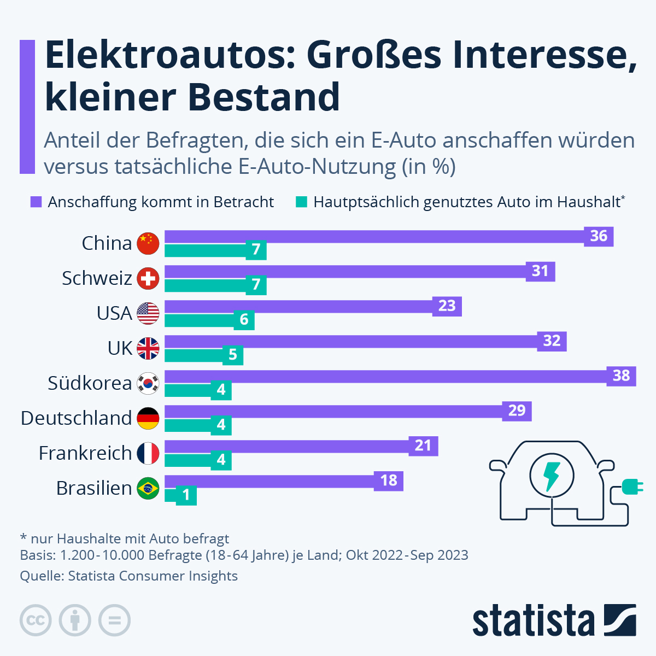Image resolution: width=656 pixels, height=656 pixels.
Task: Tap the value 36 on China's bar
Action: click(x=599, y=236)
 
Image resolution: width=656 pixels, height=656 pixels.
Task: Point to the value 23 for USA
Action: click(x=447, y=306)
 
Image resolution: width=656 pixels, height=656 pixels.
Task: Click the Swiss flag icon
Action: click(x=148, y=278)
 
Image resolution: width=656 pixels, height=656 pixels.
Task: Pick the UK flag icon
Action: click(x=148, y=348)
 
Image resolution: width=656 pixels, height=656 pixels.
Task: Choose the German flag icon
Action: click(x=148, y=418)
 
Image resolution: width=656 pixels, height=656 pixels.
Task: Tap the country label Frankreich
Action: click(x=85, y=453)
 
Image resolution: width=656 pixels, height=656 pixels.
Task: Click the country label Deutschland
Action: click(x=77, y=418)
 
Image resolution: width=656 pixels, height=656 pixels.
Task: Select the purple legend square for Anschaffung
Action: click(x=36, y=202)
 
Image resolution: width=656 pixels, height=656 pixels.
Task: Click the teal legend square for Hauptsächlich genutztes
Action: click(x=301, y=202)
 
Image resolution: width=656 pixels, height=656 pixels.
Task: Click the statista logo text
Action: click(x=533, y=622)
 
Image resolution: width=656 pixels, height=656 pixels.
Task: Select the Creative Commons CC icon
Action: click(x=36, y=620)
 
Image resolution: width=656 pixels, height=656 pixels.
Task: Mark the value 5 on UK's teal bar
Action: click(x=232, y=355)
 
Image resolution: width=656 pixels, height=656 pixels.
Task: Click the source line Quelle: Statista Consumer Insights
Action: click(x=129, y=576)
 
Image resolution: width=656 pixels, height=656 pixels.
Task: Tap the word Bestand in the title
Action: click(x=264, y=97)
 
